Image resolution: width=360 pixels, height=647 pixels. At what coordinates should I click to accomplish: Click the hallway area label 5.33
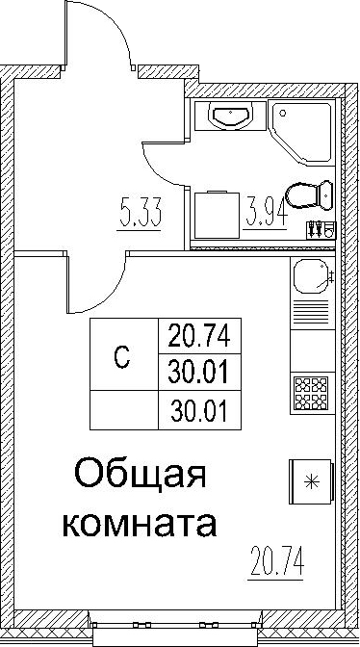click(x=139, y=213)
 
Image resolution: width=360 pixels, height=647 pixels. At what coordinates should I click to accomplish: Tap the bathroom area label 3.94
click(x=265, y=213)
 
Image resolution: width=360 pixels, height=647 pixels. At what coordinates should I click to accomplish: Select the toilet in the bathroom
click(x=309, y=195)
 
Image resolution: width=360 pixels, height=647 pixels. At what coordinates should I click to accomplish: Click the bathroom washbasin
click(x=230, y=116)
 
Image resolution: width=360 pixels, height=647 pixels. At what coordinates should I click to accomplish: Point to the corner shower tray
click(x=302, y=131)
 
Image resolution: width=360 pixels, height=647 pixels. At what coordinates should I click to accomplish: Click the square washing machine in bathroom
click(x=217, y=215)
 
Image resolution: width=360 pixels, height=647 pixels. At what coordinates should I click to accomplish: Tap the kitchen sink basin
click(x=311, y=276)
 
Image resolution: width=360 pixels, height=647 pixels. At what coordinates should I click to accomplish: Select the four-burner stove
click(x=311, y=392)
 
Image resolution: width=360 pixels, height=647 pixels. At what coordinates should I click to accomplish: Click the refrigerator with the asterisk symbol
click(x=311, y=481)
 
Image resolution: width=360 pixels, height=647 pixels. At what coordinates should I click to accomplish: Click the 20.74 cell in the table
click(x=199, y=335)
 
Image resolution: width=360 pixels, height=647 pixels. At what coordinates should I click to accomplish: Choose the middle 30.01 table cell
click(x=199, y=372)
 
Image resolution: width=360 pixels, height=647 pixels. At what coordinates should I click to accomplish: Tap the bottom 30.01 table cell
click(x=199, y=410)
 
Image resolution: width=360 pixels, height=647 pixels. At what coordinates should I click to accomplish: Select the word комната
click(x=140, y=524)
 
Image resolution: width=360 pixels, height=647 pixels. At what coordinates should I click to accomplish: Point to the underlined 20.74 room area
click(x=276, y=560)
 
